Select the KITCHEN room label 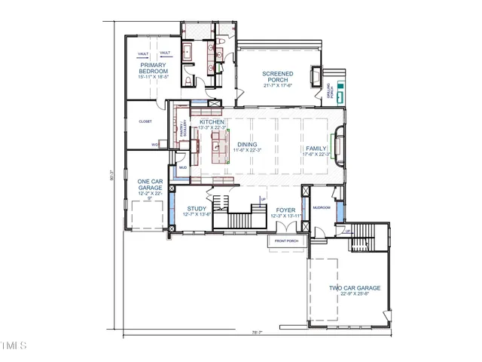(x=212, y=122)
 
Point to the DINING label (x=247, y=144)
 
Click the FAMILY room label (x=316, y=149)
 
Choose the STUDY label (x=197, y=209)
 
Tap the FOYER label (x=285, y=210)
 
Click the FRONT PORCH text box (x=286, y=241)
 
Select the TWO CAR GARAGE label (x=354, y=288)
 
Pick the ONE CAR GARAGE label (x=149, y=185)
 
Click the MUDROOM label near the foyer (x=322, y=207)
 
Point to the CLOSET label (x=145, y=121)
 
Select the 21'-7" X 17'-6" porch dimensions (x=278, y=85)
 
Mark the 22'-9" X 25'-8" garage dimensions (x=354, y=295)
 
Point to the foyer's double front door (x=286, y=229)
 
